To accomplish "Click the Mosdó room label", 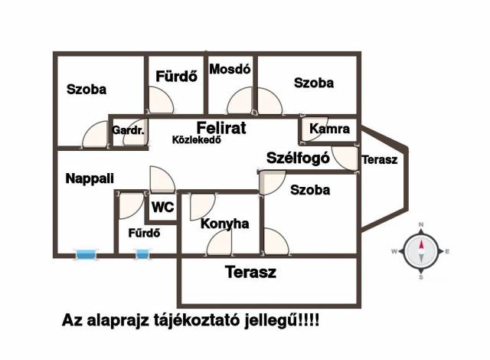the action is point(230,69).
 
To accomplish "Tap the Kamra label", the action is point(329,129).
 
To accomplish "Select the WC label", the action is point(163,207).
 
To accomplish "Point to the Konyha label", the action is point(224,224).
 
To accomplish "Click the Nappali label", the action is point(90,178).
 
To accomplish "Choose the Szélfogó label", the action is point(298,158).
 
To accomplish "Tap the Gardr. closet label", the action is point(128,130).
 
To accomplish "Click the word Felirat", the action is point(221,128).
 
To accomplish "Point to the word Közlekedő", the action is point(197,139).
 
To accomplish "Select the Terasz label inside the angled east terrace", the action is point(380,159).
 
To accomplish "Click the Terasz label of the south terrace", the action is point(250,272).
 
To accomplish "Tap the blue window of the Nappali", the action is point(86,255).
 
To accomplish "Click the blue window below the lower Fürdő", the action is point(142,254).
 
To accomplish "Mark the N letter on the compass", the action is point(421,224).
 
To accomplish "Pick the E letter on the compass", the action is point(447,251).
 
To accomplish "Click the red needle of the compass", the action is point(421,244).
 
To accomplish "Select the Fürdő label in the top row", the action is point(177,77).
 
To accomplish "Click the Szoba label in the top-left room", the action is point(87,90).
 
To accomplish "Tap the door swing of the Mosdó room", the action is point(240,100).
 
